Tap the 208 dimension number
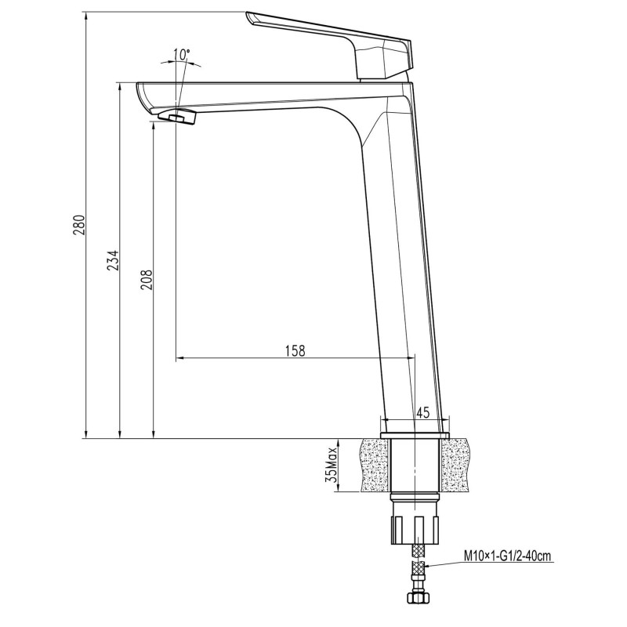click(x=147, y=278)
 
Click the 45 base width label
click(x=422, y=412)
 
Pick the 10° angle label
click(x=181, y=54)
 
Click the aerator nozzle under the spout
click(x=176, y=118)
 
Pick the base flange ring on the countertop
click(x=415, y=433)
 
